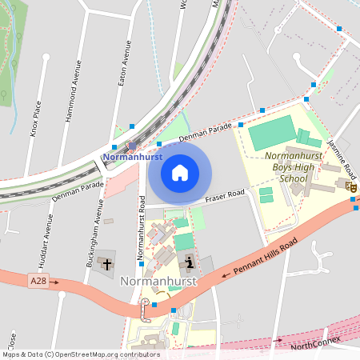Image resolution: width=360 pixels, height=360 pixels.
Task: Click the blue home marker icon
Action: [x=180, y=173]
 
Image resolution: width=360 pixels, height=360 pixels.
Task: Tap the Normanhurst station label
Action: [x=133, y=158]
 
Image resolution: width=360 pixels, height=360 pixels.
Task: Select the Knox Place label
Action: [x=36, y=118]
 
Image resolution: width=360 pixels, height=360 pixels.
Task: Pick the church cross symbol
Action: [x=107, y=264]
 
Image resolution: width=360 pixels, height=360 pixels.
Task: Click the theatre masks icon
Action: [x=350, y=186]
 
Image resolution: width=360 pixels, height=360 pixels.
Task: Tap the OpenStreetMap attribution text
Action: [x=81, y=354]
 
